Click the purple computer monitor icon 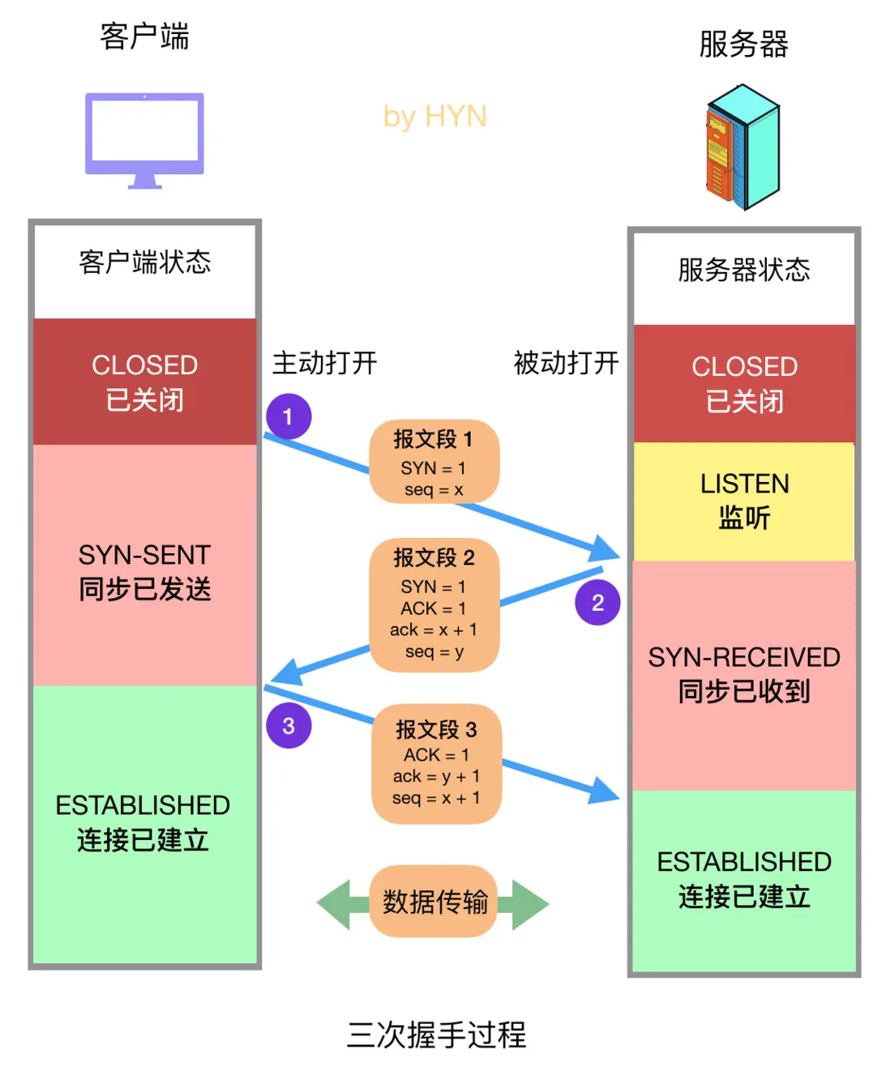coord(144,139)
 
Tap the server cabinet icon coord(742,148)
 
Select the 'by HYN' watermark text coord(434,117)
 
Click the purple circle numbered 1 coord(289,416)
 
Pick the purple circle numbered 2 coord(597,603)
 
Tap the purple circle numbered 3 coord(289,725)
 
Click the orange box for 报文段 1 coord(434,462)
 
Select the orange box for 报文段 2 coord(434,604)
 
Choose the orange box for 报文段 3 coord(436,763)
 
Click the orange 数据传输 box coord(434,902)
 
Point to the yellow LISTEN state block coord(744,501)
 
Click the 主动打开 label coord(324,363)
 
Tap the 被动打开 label coord(566,363)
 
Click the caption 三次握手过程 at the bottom coord(436,1035)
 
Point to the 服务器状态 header coord(744,270)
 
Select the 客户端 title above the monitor coord(144,37)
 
